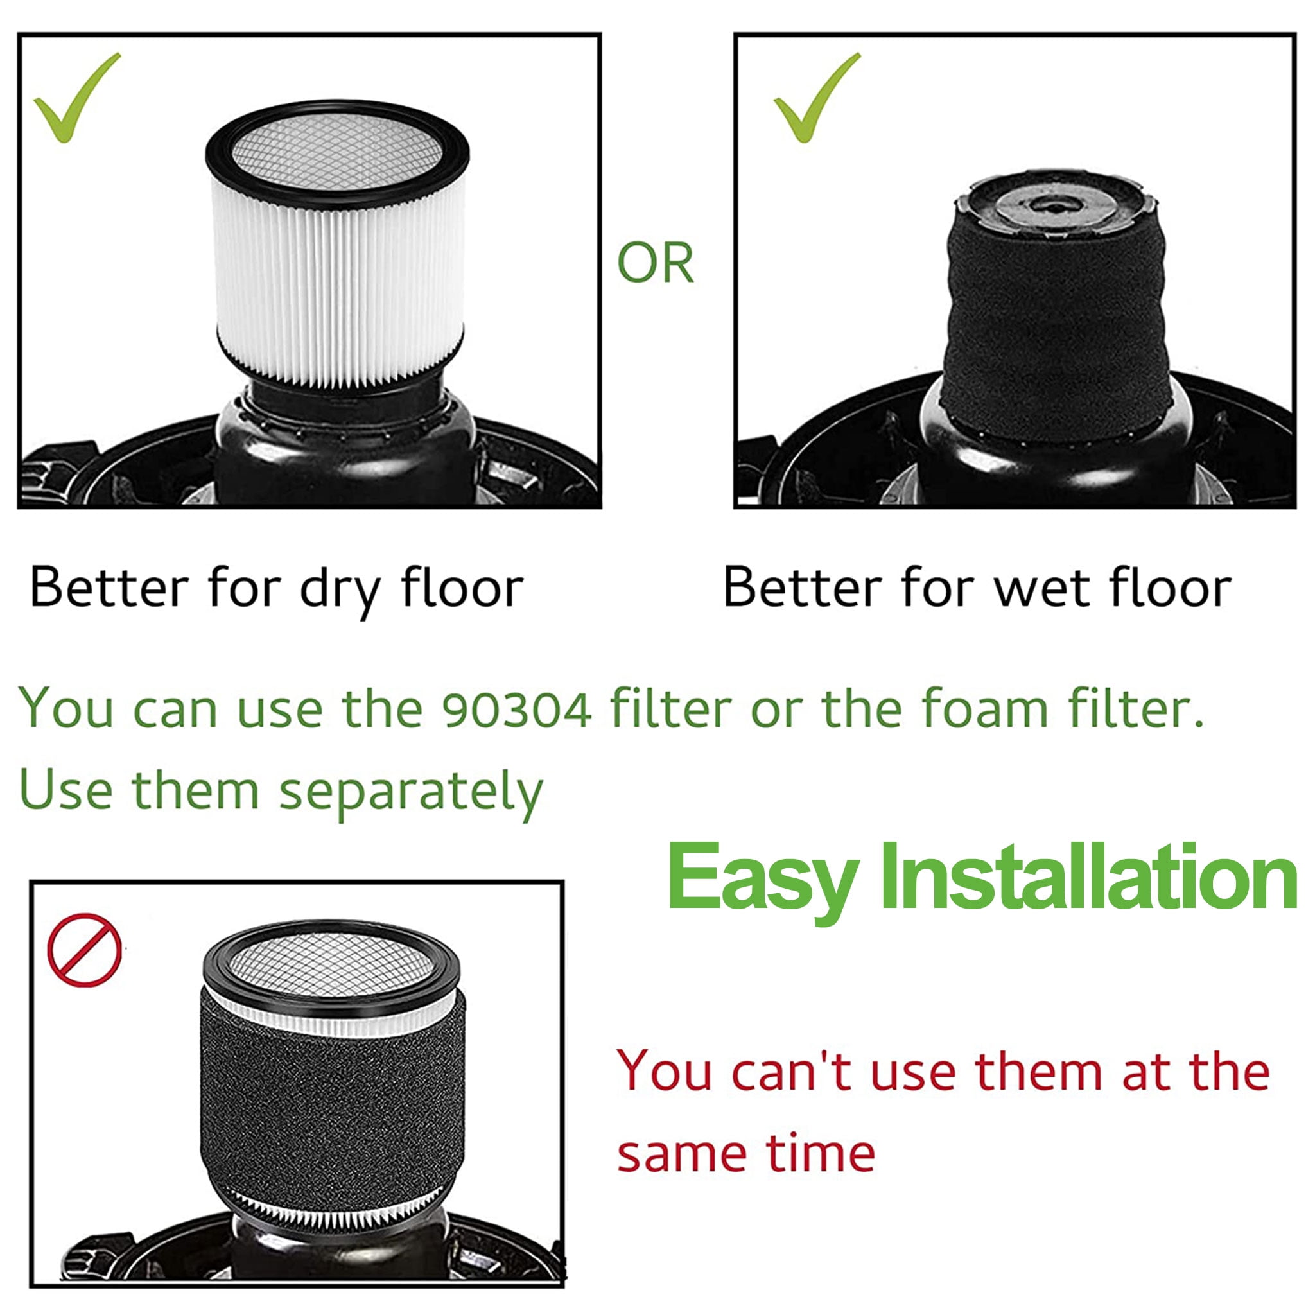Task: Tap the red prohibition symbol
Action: coord(84,950)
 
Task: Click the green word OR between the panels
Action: coord(655,263)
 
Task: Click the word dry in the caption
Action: coord(340,589)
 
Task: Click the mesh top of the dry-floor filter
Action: coord(337,151)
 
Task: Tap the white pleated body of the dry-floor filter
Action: coord(338,286)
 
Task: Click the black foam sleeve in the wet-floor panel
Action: coord(1055,327)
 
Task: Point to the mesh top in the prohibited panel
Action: coord(331,963)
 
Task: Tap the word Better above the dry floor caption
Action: coord(110,588)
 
